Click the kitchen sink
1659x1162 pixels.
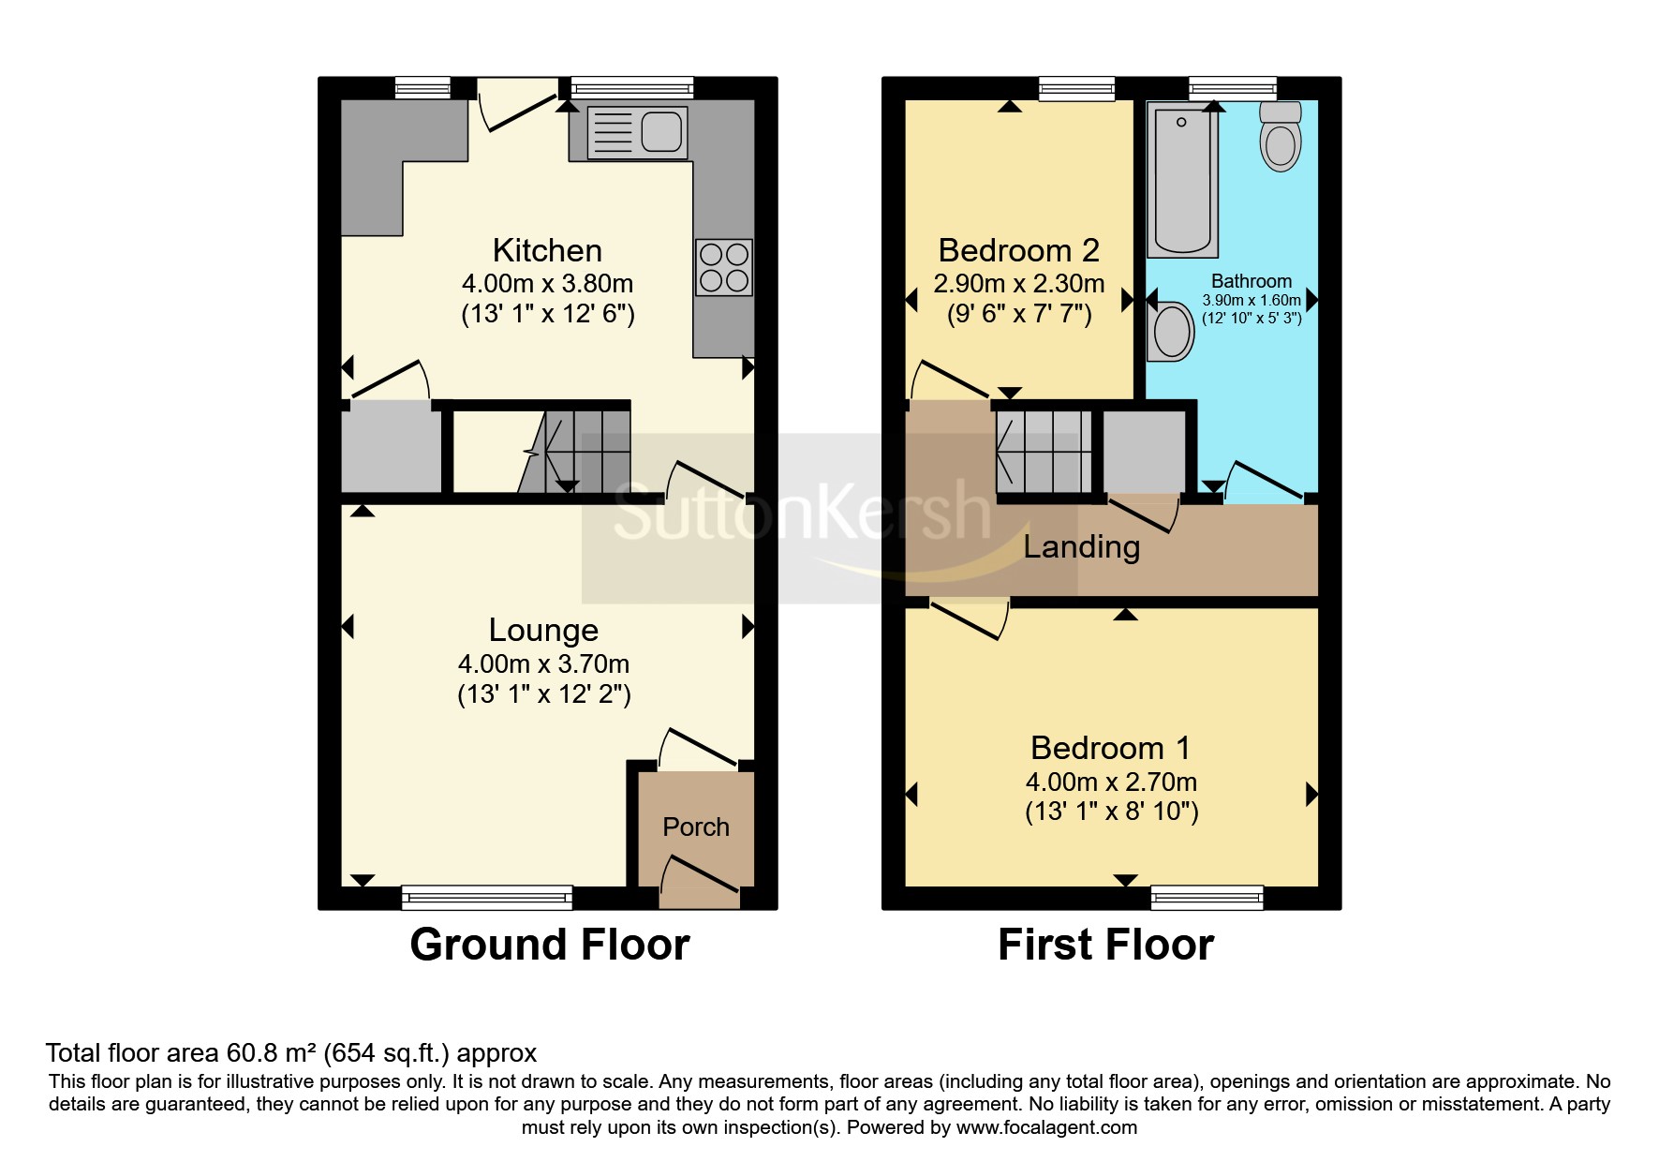click(637, 132)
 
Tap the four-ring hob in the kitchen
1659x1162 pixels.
click(724, 267)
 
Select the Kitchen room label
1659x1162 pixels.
click(547, 250)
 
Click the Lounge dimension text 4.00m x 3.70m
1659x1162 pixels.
click(543, 664)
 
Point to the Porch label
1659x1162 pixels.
click(695, 827)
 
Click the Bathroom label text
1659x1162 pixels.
click(1251, 281)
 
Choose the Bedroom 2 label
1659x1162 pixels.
click(1018, 250)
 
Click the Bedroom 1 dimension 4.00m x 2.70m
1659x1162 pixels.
click(1111, 782)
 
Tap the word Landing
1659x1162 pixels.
click(1081, 546)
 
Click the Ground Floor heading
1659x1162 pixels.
click(550, 945)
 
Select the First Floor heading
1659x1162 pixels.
click(1105, 945)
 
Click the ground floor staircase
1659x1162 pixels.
click(576, 450)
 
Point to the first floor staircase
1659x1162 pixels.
click(1043, 452)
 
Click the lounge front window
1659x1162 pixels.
click(487, 898)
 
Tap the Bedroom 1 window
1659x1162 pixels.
click(1207, 898)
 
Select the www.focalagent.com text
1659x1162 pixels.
click(1046, 1127)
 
